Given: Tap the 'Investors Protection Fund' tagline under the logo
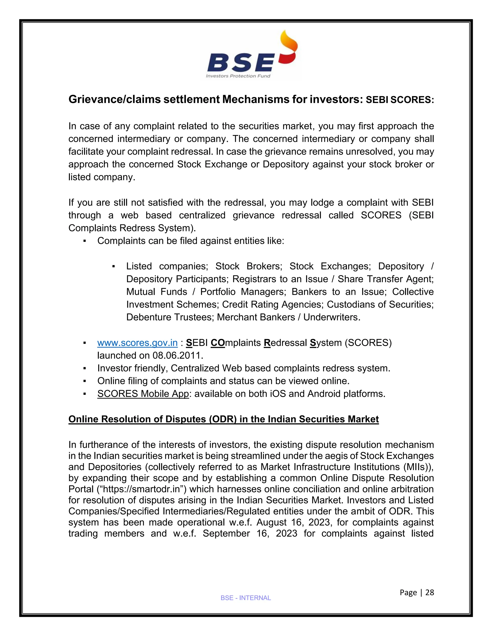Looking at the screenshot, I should click(x=238, y=76).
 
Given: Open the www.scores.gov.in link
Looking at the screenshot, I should click(x=137, y=343).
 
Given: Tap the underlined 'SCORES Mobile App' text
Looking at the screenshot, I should click(x=143, y=394).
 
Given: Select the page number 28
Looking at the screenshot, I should click(x=430, y=592).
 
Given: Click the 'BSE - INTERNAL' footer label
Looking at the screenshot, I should click(x=246, y=598).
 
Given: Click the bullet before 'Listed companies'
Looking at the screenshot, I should click(x=113, y=266).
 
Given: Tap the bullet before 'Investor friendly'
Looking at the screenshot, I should click(x=85, y=368).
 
